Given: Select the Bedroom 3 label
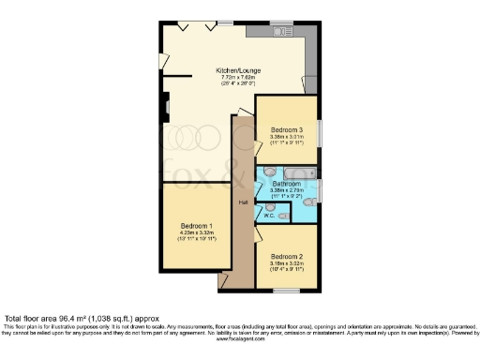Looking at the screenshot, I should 287,129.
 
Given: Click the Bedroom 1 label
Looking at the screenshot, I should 197,226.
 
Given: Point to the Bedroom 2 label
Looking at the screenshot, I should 287,256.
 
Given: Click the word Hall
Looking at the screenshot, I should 242,202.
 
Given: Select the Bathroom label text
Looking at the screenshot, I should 286,184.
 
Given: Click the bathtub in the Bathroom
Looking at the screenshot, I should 297,172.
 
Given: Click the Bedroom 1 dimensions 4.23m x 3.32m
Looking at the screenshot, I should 197,233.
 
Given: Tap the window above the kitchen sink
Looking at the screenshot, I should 279,22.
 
